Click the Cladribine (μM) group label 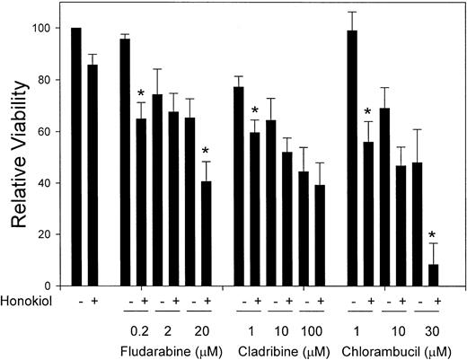tap(283, 343)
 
